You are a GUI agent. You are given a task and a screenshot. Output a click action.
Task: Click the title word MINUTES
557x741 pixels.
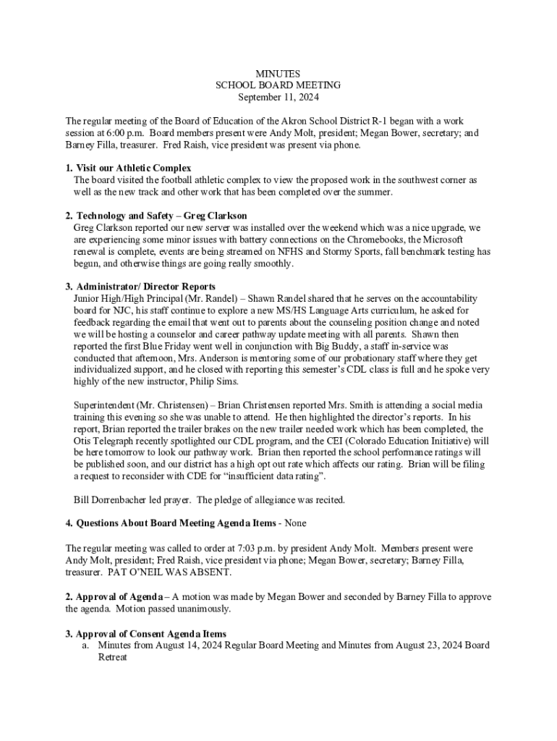[x=278, y=74]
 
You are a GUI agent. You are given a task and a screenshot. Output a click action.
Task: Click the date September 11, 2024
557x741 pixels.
[x=278, y=97]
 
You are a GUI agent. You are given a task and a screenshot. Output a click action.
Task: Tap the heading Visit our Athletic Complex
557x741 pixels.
[x=133, y=168]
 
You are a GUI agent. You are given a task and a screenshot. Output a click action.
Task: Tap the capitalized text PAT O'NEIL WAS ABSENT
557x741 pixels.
[x=170, y=572]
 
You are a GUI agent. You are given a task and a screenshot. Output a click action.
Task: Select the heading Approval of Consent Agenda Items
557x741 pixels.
[x=150, y=633]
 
